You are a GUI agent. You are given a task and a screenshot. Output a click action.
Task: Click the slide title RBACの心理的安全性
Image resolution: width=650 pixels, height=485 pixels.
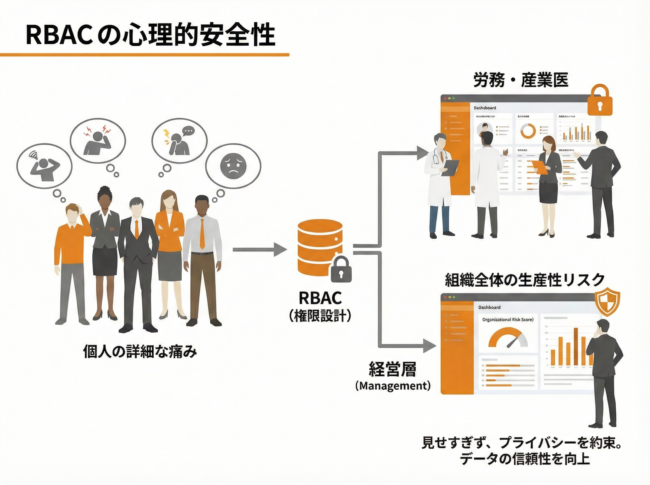[150, 35]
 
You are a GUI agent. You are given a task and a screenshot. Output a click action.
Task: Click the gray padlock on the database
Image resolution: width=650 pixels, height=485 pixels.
[341, 270]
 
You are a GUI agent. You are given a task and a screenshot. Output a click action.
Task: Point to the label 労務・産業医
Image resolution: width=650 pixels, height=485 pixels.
[521, 80]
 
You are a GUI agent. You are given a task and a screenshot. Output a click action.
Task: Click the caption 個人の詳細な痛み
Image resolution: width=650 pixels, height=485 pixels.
[140, 351]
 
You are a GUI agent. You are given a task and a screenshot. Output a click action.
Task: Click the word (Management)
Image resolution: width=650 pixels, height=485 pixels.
[393, 385]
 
